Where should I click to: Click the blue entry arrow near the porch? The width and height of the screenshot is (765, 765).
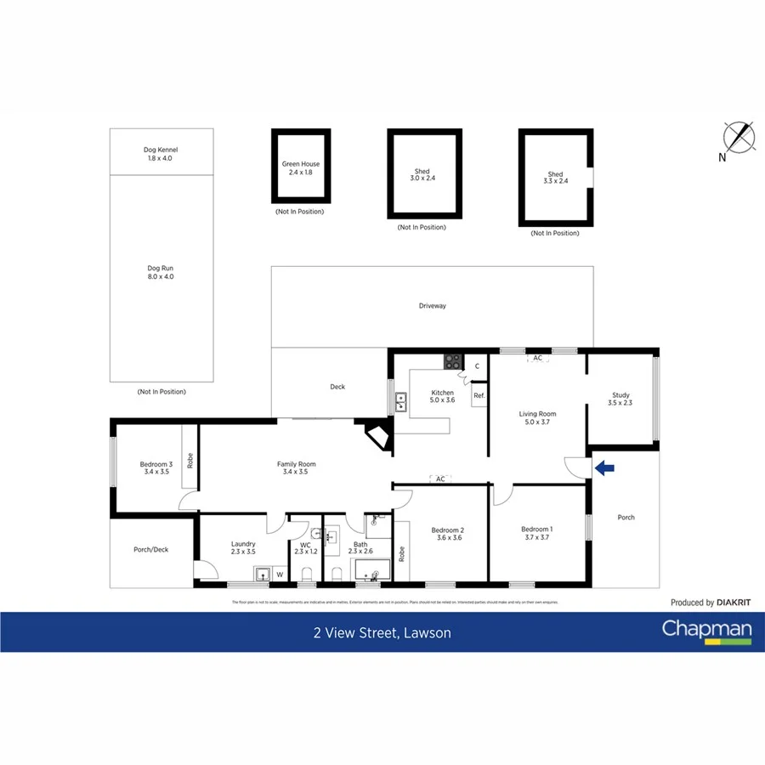pyautogui.click(x=604, y=467)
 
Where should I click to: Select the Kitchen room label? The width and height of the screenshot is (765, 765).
pyautogui.click(x=442, y=396)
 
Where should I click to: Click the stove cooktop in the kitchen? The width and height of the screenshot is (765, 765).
pyautogui.click(x=451, y=361)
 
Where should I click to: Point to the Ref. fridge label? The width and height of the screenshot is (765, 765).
pyautogui.click(x=479, y=396)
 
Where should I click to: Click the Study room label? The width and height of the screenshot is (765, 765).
pyautogui.click(x=620, y=399)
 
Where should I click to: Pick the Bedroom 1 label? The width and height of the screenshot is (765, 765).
pyautogui.click(x=537, y=533)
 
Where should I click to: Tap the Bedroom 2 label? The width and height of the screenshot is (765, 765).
pyautogui.click(x=448, y=533)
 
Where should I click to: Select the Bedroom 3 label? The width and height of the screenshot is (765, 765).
pyautogui.click(x=156, y=467)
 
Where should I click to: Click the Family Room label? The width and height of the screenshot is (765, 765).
pyautogui.click(x=297, y=467)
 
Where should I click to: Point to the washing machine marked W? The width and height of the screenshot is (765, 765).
pyautogui.click(x=279, y=575)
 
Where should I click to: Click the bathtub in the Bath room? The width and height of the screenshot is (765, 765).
pyautogui.click(x=370, y=569)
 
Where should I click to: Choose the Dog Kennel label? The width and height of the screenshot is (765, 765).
pyautogui.click(x=161, y=154)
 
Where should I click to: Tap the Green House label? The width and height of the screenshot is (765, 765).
pyautogui.click(x=301, y=168)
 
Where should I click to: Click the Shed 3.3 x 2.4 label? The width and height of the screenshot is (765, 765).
pyautogui.click(x=555, y=178)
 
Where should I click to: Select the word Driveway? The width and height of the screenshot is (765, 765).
pyautogui.click(x=432, y=306)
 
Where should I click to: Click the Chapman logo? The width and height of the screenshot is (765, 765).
pyautogui.click(x=707, y=631)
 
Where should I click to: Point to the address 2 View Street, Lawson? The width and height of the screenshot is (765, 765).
pyautogui.click(x=382, y=633)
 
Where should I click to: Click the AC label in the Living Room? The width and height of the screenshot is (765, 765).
pyautogui.click(x=537, y=358)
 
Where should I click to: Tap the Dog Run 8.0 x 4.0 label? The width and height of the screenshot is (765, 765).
pyautogui.click(x=161, y=272)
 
